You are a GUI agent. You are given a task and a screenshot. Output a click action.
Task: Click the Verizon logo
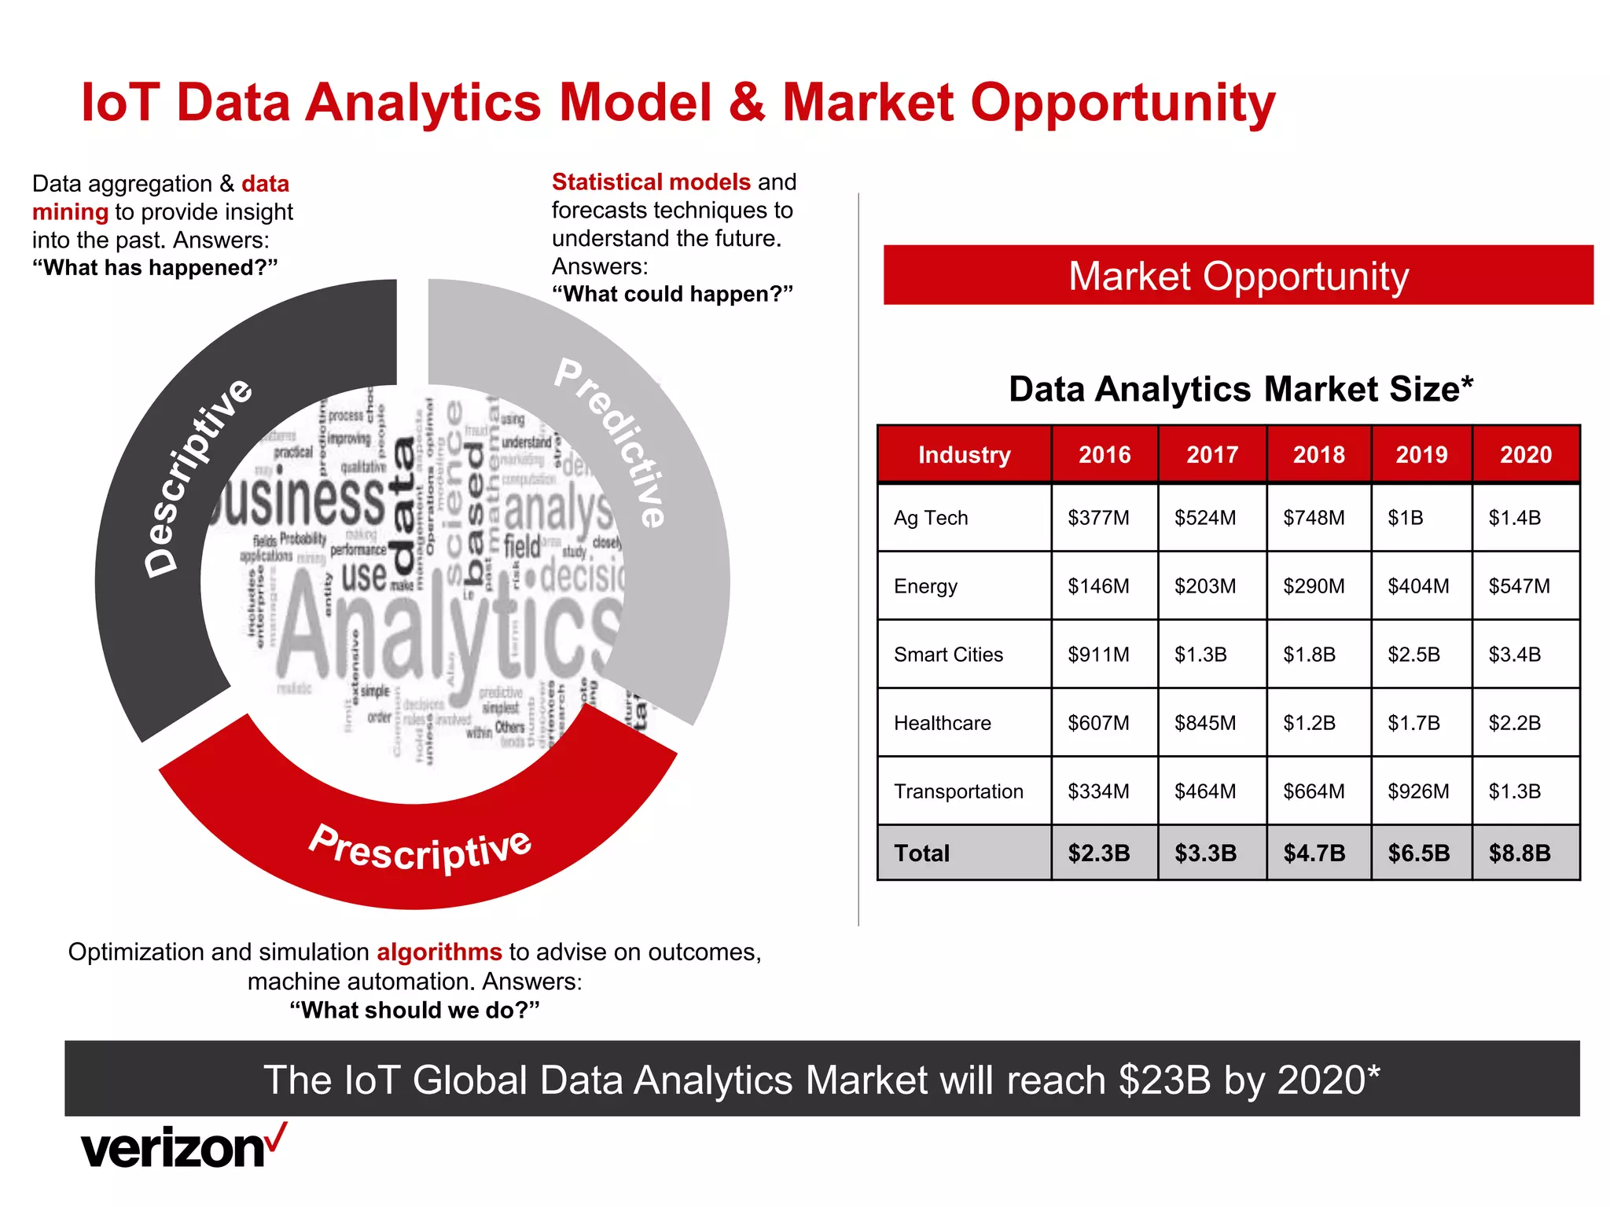point(183,1147)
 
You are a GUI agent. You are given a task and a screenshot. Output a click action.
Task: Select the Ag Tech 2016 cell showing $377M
point(1098,518)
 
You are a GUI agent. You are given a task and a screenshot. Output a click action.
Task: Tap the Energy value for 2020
point(1519,586)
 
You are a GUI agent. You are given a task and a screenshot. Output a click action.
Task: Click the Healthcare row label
point(942,723)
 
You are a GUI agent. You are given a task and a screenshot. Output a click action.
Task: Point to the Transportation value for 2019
point(1418,791)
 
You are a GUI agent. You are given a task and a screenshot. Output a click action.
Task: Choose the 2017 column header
point(1211,454)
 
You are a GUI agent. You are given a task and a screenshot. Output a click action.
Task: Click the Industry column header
point(964,454)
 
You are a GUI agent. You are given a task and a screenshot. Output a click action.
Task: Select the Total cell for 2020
point(1519,853)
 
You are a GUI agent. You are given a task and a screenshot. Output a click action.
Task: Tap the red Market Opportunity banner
point(1238,276)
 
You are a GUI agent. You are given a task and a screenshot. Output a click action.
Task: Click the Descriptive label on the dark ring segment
point(198,476)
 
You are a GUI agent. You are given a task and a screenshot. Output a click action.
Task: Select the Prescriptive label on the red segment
point(421,849)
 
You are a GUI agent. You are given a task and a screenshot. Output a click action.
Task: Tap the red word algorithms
point(439,952)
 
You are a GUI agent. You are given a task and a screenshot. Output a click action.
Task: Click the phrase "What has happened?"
point(155,268)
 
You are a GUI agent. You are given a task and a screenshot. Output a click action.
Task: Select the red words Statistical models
point(651,182)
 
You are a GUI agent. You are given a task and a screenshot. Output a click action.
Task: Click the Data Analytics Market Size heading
point(1241,389)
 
